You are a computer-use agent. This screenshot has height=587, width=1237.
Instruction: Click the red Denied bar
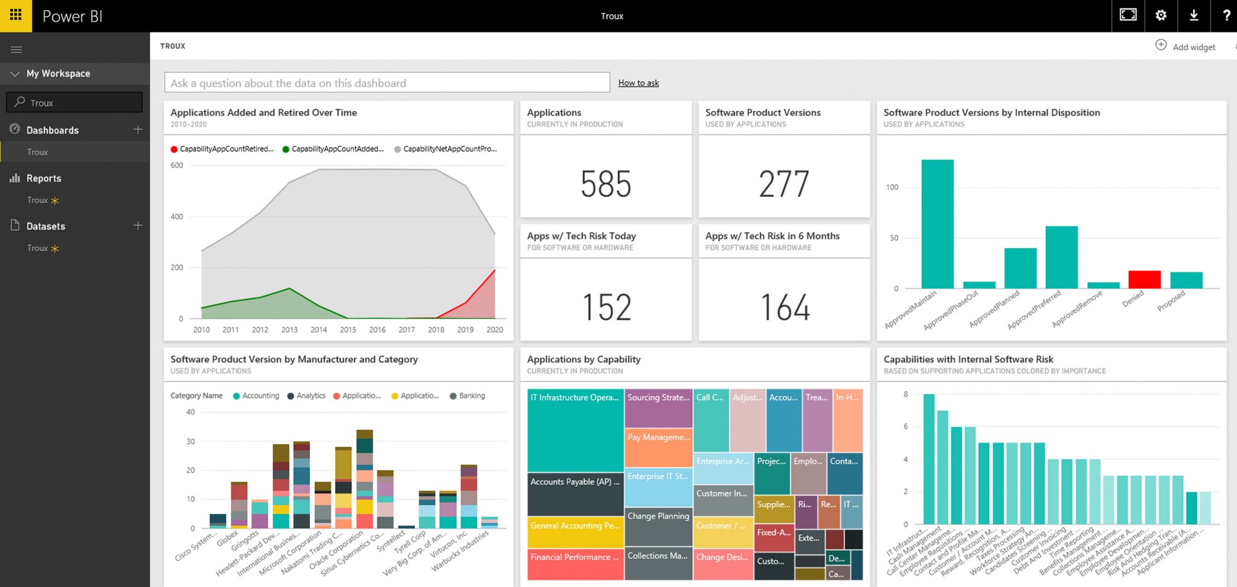pos(1144,279)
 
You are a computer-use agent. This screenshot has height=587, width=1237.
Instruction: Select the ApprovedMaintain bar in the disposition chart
pos(937,223)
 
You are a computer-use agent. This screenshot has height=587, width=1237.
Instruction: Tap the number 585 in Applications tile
pos(605,184)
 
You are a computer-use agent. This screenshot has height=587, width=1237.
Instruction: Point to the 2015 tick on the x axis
pos(348,330)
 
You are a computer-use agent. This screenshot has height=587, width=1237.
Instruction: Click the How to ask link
pos(638,83)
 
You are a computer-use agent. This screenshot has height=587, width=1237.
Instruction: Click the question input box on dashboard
pos(387,83)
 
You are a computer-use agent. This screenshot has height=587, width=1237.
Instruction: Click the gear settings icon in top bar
pos(1160,16)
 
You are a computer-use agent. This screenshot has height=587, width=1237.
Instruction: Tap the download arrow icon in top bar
pos(1194,16)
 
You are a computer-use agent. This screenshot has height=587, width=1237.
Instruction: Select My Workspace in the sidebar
pos(58,74)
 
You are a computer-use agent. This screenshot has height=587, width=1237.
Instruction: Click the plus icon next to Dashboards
pos(138,129)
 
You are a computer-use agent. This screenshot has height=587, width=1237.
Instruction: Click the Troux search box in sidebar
pos(74,102)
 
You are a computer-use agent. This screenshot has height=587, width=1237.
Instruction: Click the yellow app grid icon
pos(16,16)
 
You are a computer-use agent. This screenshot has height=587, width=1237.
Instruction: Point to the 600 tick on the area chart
pos(176,165)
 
